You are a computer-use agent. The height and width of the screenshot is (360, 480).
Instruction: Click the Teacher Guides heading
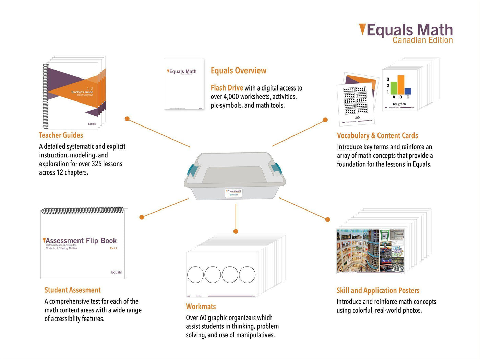point(61,135)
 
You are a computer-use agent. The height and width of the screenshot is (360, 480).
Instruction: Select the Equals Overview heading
point(238,71)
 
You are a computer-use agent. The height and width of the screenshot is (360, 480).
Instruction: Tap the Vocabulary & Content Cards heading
point(377,136)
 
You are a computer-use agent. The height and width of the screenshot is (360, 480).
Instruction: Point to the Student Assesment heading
point(72,290)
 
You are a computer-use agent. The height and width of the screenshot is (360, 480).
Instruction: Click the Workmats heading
point(201,307)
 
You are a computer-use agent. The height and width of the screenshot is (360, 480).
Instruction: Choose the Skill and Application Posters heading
point(378,291)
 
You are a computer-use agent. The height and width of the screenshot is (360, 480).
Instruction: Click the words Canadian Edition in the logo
point(422,40)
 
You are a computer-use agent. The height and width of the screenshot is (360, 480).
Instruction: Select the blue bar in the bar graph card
point(408,91)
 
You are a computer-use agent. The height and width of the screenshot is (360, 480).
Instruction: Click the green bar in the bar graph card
point(394,88)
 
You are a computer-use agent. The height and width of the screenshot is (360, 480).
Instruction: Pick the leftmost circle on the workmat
point(196,275)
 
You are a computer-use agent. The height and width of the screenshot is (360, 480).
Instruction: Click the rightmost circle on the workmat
point(247,275)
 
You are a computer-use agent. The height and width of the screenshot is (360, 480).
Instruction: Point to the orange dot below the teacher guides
point(127,119)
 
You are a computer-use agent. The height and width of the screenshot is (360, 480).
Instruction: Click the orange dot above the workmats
point(236,231)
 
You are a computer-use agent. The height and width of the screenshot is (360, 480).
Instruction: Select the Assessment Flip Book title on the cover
point(81,241)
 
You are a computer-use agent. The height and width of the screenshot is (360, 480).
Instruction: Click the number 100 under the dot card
point(357,118)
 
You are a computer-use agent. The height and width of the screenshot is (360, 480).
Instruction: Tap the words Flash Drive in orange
point(227,88)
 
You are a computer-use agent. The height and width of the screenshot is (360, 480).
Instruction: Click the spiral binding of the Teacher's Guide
point(45,96)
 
